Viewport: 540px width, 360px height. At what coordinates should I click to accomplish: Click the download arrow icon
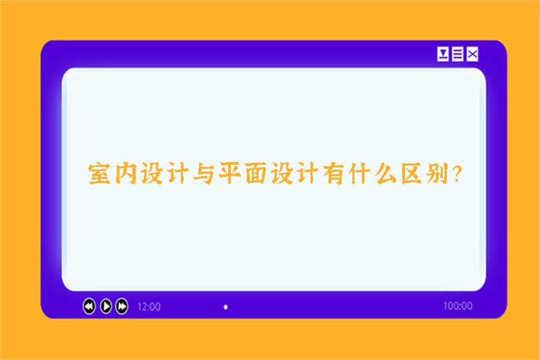[443, 54]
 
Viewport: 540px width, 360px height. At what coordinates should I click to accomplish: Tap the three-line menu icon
[458, 54]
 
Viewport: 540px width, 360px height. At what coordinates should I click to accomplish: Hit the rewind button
[89, 306]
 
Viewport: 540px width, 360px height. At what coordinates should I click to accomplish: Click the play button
[106, 306]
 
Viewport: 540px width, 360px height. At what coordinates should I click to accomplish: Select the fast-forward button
[122, 306]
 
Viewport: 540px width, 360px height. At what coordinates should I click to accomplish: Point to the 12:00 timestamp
[149, 307]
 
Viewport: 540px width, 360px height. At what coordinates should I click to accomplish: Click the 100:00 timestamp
[458, 306]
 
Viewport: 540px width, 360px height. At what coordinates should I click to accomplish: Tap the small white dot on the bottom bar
[225, 307]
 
